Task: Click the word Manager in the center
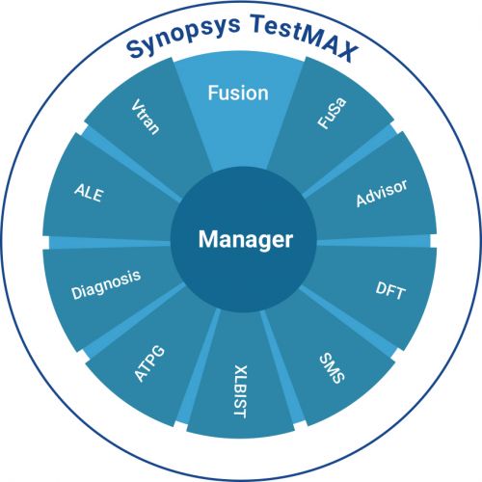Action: click(246, 240)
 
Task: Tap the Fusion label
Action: click(238, 93)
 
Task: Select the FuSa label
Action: click(332, 113)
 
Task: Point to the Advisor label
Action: click(382, 193)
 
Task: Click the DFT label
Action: click(390, 291)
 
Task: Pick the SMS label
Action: click(333, 368)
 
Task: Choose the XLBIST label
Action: click(240, 391)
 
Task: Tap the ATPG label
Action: click(149, 363)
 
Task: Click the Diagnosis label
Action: click(106, 285)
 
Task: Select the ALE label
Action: click(89, 193)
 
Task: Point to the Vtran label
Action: click(146, 117)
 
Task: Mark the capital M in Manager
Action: click(208, 239)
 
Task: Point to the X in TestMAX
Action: click(346, 51)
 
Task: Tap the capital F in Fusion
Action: click(213, 93)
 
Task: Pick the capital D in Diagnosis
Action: click(76, 292)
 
